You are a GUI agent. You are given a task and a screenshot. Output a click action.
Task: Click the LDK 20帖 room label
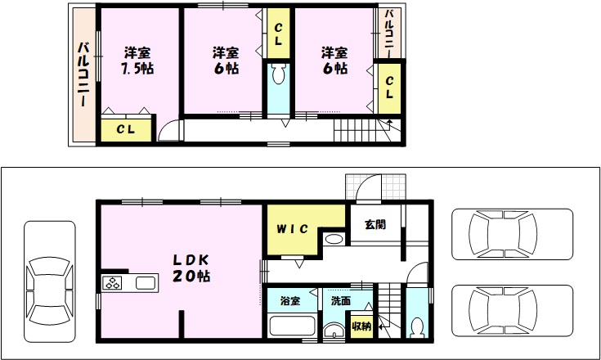(x=191, y=268)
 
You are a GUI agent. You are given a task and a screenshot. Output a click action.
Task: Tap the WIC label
(x=292, y=229)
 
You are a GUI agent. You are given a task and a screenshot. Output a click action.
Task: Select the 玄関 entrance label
(x=375, y=224)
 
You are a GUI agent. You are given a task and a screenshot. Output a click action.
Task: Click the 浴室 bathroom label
(x=289, y=300)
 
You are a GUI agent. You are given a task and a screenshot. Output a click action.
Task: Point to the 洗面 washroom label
(x=341, y=300)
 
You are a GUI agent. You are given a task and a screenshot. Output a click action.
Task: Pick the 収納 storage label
(x=361, y=326)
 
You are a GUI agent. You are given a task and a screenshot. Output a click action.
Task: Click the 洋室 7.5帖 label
(x=137, y=61)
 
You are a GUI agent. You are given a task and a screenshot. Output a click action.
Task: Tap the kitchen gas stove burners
(x=112, y=283)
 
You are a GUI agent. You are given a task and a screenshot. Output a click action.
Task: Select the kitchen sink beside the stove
(x=146, y=283)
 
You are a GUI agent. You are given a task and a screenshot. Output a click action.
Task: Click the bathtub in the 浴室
(x=292, y=326)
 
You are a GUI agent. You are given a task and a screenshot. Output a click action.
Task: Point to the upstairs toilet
(x=279, y=74)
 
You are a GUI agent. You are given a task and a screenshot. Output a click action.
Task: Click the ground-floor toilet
(x=416, y=328)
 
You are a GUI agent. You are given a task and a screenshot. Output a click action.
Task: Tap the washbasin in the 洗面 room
(x=334, y=331)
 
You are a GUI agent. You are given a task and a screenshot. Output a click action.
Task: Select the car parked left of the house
(x=50, y=281)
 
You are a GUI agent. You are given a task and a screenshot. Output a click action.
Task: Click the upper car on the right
(x=512, y=234)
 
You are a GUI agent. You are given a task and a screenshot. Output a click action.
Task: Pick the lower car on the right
(x=512, y=311)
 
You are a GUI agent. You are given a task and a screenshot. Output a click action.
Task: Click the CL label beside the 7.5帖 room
(x=126, y=129)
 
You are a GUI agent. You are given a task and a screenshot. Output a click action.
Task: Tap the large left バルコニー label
(x=83, y=74)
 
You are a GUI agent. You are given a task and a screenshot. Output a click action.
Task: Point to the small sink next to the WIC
(x=334, y=239)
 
